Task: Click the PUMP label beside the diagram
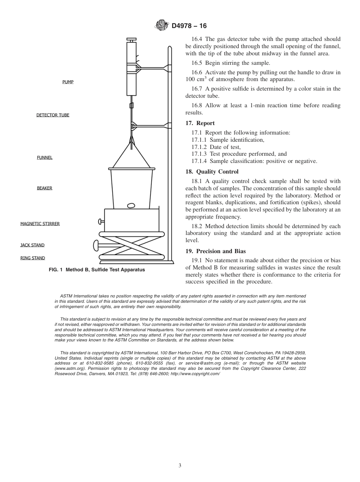point(68,82)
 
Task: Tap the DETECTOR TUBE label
point(53,115)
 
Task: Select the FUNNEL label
point(45,158)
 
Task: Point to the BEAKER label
point(44,188)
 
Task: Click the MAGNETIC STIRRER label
point(40,224)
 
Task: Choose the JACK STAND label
point(32,245)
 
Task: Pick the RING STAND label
point(33,258)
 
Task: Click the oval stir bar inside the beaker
point(131,206)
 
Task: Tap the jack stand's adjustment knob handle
point(96,246)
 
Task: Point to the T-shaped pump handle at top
point(131,39)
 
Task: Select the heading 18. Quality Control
point(212,172)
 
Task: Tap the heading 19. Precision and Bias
point(216,251)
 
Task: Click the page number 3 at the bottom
point(180,465)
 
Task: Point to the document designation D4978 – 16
point(189,26)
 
